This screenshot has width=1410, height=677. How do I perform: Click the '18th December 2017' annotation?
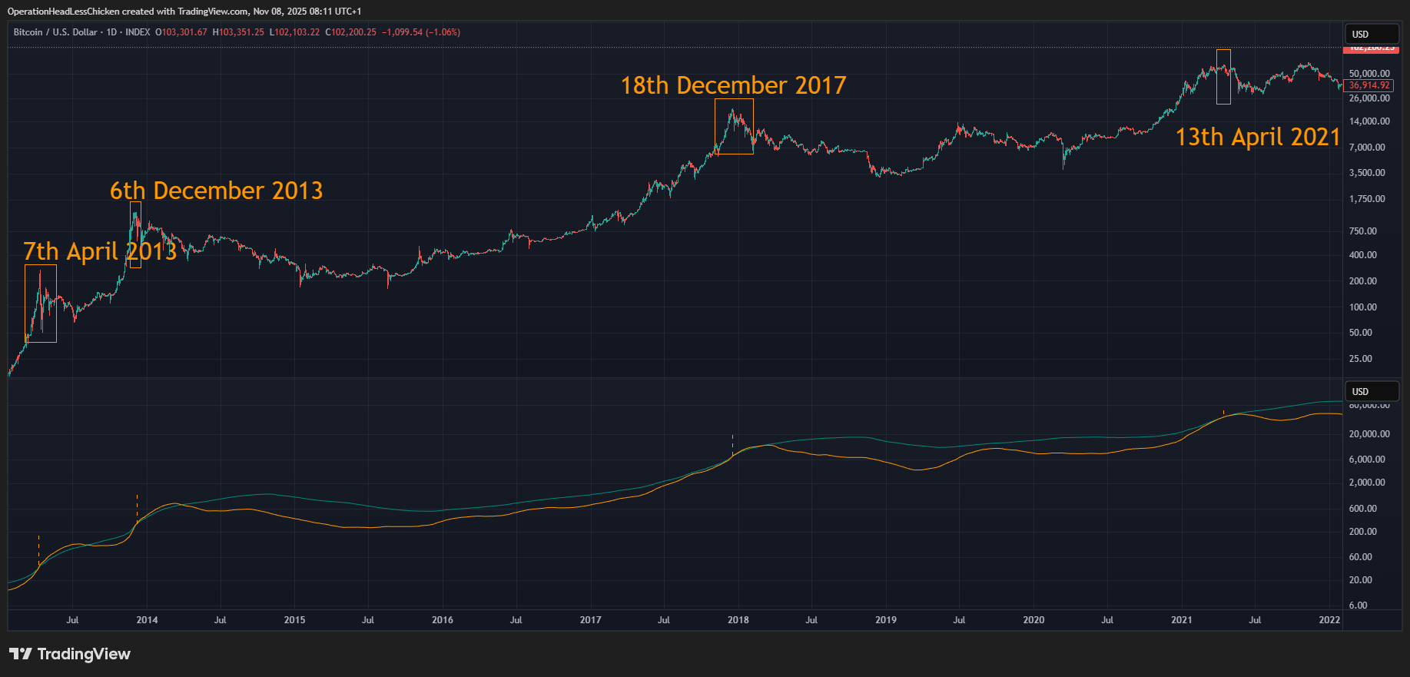[x=733, y=85]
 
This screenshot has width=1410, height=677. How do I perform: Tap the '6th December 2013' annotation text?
[x=216, y=191]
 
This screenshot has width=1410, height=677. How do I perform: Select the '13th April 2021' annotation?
[x=1257, y=137]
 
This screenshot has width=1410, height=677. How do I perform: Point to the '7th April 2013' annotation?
[x=100, y=251]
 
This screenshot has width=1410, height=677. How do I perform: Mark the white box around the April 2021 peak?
[x=1223, y=77]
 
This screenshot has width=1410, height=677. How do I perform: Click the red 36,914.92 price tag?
[x=1369, y=85]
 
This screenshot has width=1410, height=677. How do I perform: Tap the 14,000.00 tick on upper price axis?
[x=1369, y=121]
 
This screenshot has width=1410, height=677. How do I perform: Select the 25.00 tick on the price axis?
[x=1360, y=359]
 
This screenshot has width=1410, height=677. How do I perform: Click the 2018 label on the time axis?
[x=738, y=620]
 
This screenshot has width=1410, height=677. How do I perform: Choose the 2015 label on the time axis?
[x=294, y=620]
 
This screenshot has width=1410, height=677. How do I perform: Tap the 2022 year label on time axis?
[x=1329, y=620]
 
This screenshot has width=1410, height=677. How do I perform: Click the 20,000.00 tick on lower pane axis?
[x=1369, y=434]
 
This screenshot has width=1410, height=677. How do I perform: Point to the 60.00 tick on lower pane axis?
[x=1360, y=557]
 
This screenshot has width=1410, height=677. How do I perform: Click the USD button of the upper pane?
[x=1371, y=35]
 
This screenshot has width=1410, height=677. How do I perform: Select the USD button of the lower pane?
[x=1371, y=392]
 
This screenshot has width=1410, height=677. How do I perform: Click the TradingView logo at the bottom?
[x=70, y=654]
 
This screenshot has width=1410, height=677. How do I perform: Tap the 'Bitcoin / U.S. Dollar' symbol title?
[x=55, y=32]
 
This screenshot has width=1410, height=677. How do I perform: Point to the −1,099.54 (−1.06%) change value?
[x=421, y=32]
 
